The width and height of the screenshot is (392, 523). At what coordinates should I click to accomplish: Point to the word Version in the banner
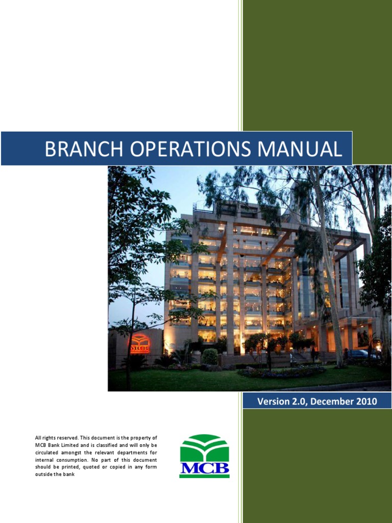click(273, 401)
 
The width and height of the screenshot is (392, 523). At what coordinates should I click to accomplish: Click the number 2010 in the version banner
click(364, 401)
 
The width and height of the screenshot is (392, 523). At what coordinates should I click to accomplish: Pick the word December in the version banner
click(330, 401)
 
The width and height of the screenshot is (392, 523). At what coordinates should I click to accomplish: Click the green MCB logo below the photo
click(204, 456)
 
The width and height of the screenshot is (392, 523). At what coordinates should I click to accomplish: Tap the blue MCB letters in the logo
click(204, 469)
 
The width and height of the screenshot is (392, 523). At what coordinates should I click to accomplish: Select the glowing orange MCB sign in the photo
click(139, 344)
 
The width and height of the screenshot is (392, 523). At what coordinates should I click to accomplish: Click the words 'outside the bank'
click(55, 474)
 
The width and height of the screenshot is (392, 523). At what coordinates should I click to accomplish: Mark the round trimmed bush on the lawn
click(210, 356)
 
